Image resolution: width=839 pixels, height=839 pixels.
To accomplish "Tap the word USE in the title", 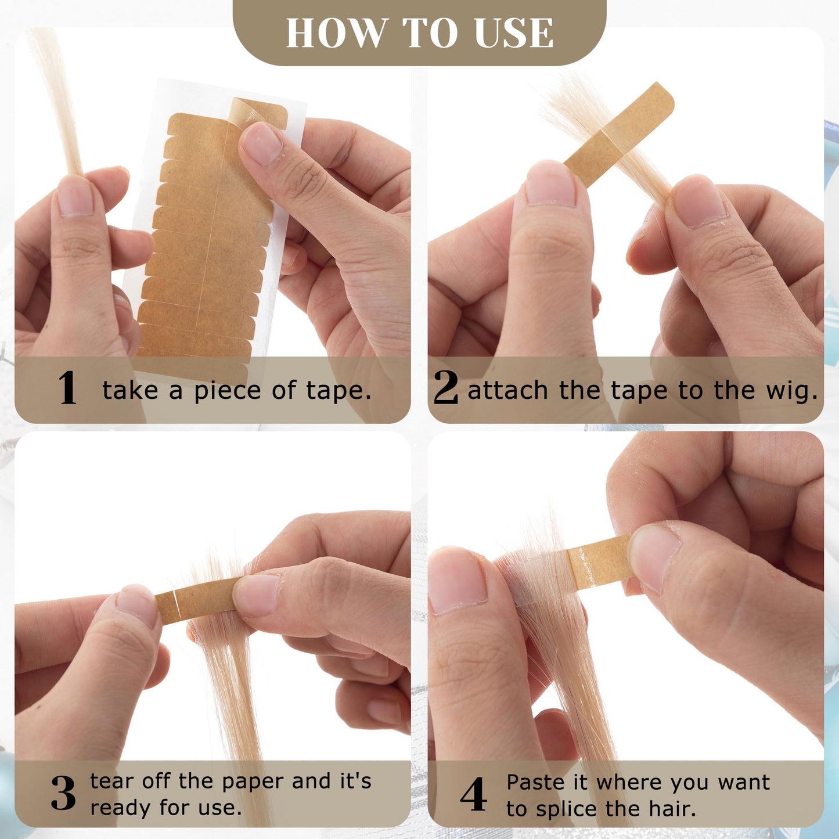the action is [x=514, y=33].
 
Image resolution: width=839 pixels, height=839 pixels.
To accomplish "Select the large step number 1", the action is [x=67, y=387].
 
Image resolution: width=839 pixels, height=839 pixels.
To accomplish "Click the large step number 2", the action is [x=446, y=387].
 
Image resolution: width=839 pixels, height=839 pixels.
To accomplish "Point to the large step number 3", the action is [x=63, y=793].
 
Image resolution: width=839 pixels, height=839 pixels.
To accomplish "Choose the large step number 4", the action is [x=473, y=794].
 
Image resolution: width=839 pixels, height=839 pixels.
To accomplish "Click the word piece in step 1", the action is [x=227, y=391].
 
